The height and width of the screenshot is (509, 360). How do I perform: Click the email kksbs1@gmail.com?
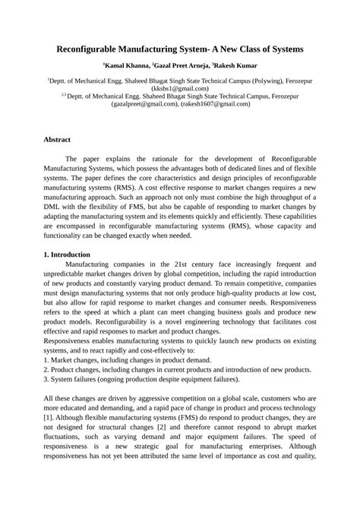(x=179, y=88)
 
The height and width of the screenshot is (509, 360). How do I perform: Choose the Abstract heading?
(x=57, y=141)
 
